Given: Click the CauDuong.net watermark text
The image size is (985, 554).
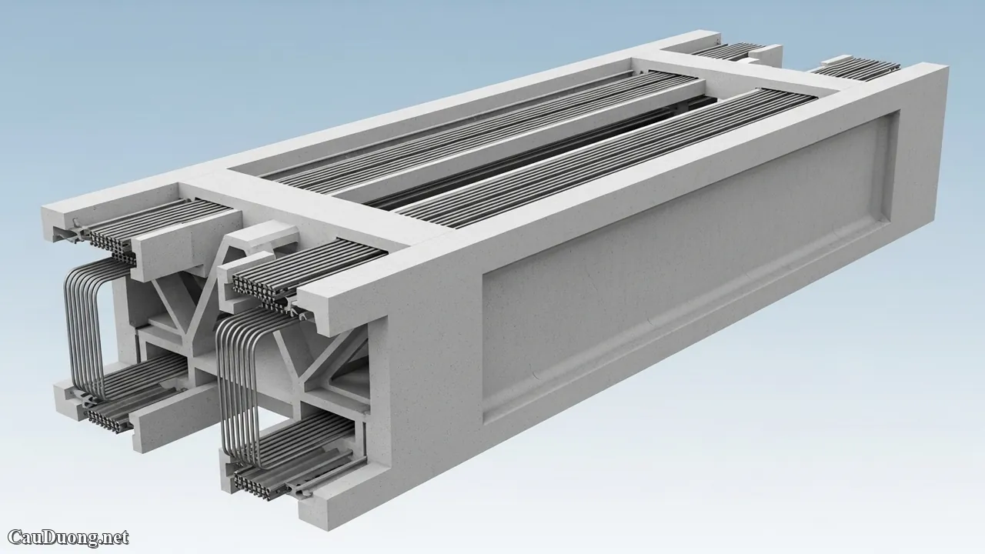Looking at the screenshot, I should coord(68,537).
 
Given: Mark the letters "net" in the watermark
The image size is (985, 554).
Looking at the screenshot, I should coord(115,537).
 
